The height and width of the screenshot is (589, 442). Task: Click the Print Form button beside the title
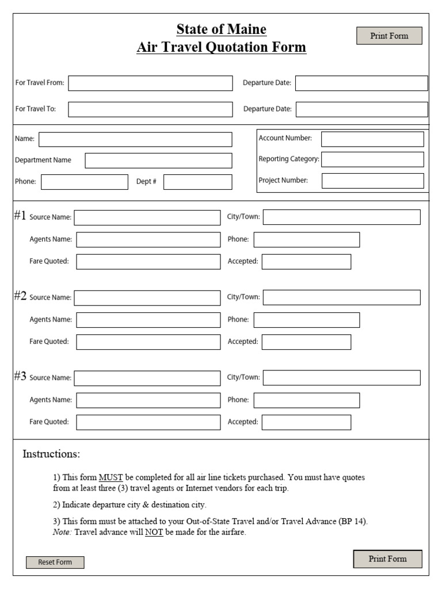pyautogui.click(x=389, y=36)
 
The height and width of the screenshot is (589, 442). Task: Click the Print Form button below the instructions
pyautogui.click(x=387, y=559)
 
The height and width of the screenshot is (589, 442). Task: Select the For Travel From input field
pyautogui.click(x=150, y=83)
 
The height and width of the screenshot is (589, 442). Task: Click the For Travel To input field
pyautogui.click(x=150, y=109)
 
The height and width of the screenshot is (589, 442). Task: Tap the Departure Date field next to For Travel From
pyautogui.click(x=361, y=83)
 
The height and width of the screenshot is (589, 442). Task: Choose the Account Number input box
pyautogui.click(x=372, y=139)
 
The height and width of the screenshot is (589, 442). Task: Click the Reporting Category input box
pyautogui.click(x=372, y=159)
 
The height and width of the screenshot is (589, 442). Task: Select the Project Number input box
pyautogui.click(x=372, y=181)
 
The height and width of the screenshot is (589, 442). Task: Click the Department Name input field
pyautogui.click(x=158, y=160)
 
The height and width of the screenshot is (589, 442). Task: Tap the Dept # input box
pyautogui.click(x=198, y=182)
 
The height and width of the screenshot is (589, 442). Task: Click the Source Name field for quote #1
pyautogui.click(x=147, y=217)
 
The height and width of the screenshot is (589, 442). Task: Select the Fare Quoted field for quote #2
pyautogui.click(x=148, y=342)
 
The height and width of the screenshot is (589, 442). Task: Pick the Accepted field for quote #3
pyautogui.click(x=306, y=422)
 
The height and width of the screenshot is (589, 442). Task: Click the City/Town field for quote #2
pyautogui.click(x=341, y=297)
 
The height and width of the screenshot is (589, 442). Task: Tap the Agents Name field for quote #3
pyautogui.click(x=148, y=400)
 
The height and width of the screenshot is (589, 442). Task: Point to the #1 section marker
pyautogui.click(x=20, y=216)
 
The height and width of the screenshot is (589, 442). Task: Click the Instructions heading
pyautogui.click(x=51, y=454)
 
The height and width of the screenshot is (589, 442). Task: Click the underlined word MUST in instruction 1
pyautogui.click(x=110, y=477)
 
